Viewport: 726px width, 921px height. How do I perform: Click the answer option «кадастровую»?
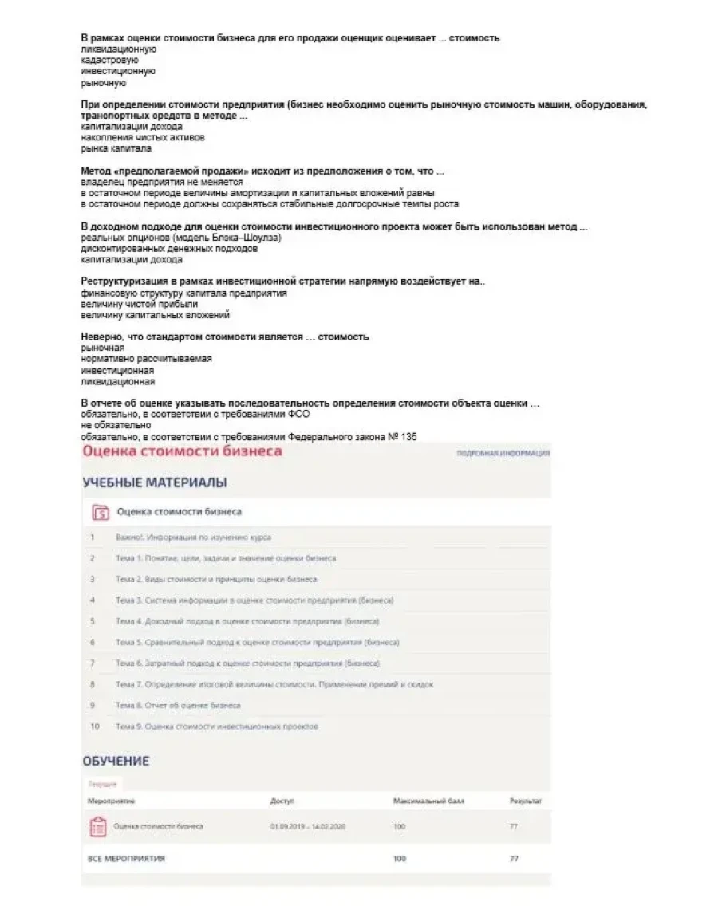tap(109, 60)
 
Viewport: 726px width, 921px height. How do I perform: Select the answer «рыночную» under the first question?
tap(104, 82)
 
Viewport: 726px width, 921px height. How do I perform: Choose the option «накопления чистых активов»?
tap(132, 137)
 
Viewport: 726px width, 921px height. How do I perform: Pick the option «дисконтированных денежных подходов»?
tap(169, 248)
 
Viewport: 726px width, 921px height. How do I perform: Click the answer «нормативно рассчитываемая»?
tap(147, 359)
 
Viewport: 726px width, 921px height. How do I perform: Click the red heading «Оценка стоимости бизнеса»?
tap(181, 451)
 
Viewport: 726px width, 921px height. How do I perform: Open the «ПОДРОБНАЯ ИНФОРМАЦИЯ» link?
tap(503, 453)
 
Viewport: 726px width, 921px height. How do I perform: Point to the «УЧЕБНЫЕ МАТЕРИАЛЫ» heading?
tap(154, 482)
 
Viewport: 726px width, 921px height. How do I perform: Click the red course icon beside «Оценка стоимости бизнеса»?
tap(100, 512)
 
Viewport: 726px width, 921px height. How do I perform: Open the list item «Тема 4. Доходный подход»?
tap(247, 621)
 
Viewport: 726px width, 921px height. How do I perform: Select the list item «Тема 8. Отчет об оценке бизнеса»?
tap(178, 706)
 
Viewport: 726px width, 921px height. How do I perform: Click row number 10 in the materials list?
tap(95, 726)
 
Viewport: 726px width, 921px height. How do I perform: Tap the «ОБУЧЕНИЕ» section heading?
tap(116, 761)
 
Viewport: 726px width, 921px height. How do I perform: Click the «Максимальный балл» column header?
tap(428, 800)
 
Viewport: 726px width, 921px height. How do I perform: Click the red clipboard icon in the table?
tap(97, 827)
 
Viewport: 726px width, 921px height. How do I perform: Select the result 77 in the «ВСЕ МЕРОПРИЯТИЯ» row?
tap(513, 859)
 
